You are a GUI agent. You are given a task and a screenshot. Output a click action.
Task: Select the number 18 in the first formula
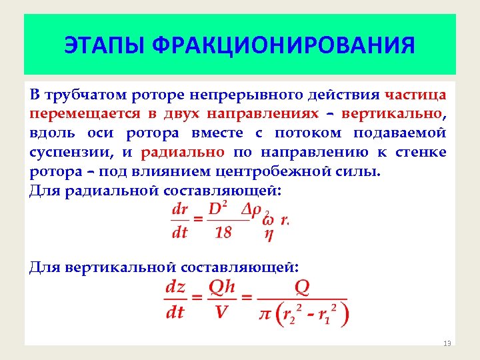(223, 232)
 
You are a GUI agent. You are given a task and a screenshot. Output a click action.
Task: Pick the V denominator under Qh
(221, 312)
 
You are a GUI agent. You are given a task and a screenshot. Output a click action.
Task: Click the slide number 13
(447, 343)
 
